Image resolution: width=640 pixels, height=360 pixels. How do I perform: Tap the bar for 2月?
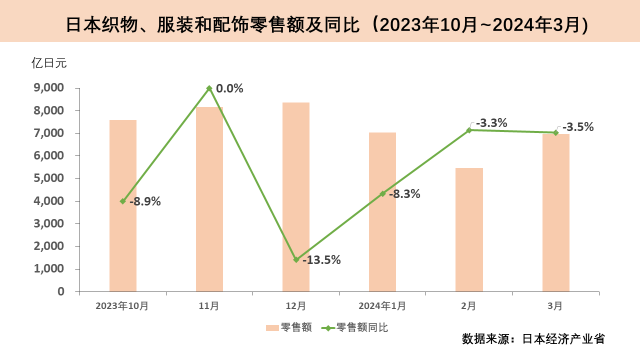[x=469, y=229]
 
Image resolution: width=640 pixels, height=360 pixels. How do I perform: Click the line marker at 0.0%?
[x=209, y=88]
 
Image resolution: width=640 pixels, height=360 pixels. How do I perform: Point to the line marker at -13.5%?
[x=296, y=260]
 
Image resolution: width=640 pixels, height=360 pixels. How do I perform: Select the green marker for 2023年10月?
[x=123, y=201]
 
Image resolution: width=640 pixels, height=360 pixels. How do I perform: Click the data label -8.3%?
[x=404, y=194]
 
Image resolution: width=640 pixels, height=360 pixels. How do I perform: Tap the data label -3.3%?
[x=491, y=122]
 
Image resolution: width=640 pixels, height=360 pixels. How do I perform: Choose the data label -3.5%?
[x=578, y=127]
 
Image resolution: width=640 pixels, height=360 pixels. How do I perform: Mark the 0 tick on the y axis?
[x=61, y=291]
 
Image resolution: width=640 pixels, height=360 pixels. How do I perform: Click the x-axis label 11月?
[x=209, y=305]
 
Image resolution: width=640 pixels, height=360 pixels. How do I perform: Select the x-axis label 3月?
[x=555, y=305]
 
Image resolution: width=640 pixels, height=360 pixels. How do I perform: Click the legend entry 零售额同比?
[x=362, y=328]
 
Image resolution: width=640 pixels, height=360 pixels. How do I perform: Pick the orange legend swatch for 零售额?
[x=272, y=328]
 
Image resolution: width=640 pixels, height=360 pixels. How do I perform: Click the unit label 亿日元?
[x=49, y=63]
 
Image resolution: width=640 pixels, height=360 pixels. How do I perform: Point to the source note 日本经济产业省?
[x=563, y=339]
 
